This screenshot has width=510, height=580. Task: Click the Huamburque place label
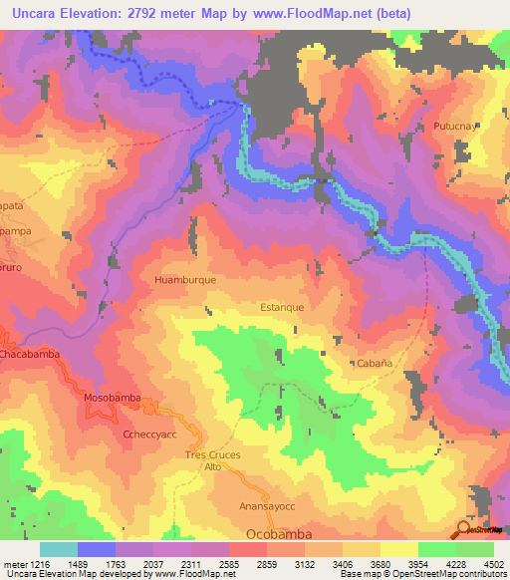[x=185, y=281]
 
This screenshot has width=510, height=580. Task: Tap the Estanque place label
[x=282, y=307]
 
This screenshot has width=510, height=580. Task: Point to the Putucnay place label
[x=455, y=128]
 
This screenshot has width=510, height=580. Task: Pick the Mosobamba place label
[x=111, y=396]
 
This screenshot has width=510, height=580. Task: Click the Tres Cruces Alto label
[x=214, y=460]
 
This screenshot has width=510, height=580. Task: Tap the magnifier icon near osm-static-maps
[x=464, y=529]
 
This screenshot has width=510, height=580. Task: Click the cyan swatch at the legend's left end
[x=58, y=549]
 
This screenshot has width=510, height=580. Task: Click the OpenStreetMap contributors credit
[x=445, y=573]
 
